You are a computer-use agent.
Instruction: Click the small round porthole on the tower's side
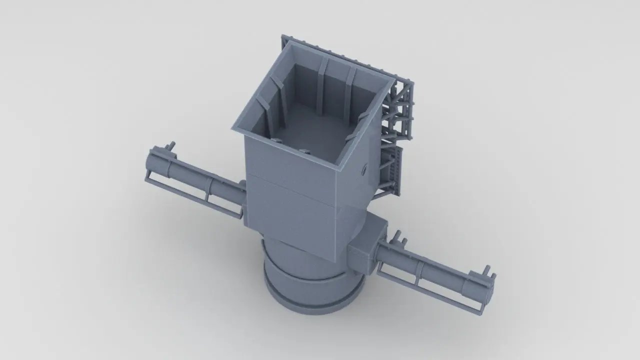tap(363, 169)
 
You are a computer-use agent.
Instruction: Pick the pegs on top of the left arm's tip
tap(171, 146)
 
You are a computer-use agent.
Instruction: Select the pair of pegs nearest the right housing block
tap(398, 238)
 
